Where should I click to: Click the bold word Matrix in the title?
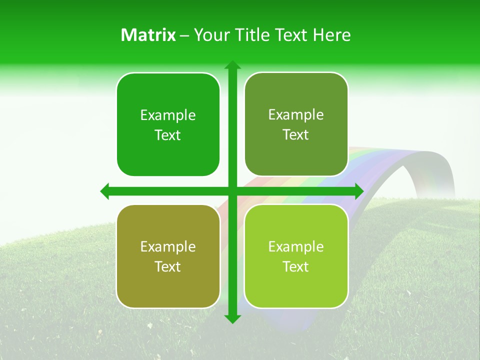click(x=148, y=35)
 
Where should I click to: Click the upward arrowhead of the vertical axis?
click(x=232, y=65)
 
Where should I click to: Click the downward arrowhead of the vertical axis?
click(x=232, y=318)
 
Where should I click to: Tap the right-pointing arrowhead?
click(x=358, y=191)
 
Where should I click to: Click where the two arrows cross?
click(x=232, y=191)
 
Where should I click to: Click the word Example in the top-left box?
click(x=168, y=115)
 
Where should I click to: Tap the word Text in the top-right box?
click(x=296, y=135)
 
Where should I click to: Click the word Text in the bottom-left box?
click(x=168, y=266)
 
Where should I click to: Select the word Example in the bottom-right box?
click(x=296, y=246)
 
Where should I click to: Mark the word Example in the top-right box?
click(x=296, y=115)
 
